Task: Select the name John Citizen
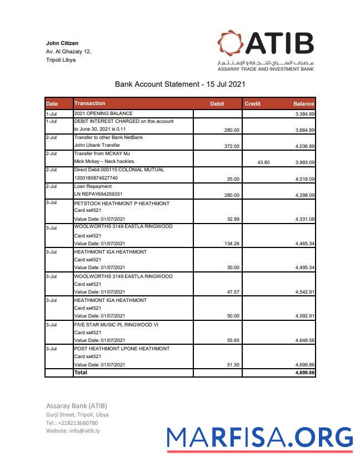pos(62,43)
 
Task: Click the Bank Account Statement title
pos(179,85)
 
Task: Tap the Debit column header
pos(217,104)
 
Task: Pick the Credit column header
pos(252,104)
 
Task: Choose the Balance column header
pos(303,104)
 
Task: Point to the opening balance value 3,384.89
pos(304,114)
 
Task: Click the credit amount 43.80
pos(263,162)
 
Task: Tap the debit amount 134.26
pos(231,244)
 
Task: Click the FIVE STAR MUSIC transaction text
pos(116,325)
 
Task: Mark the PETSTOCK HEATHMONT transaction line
pos(122,204)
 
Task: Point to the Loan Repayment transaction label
pos(93,186)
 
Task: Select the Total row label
pos(81,373)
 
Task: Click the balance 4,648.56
pos(304,340)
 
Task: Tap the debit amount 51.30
pos(233,365)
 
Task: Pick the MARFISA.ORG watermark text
pos(259,437)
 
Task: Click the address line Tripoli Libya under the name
pos(61,60)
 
